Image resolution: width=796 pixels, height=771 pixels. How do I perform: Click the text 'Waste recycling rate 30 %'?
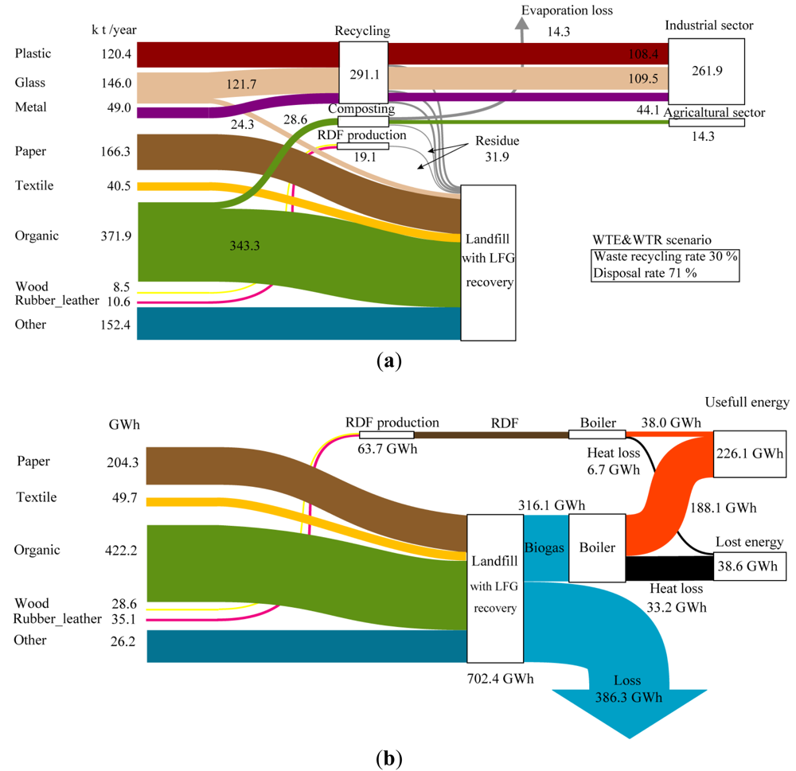[x=665, y=256]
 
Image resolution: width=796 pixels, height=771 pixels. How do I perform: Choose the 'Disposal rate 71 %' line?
[x=644, y=273]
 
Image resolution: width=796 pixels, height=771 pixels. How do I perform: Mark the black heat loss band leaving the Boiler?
[x=669, y=568]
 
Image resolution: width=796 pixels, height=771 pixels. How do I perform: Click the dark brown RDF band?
[x=490, y=435]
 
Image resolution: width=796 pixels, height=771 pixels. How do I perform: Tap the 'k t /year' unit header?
[x=114, y=30]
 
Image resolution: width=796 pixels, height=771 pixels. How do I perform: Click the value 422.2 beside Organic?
[x=123, y=550]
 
